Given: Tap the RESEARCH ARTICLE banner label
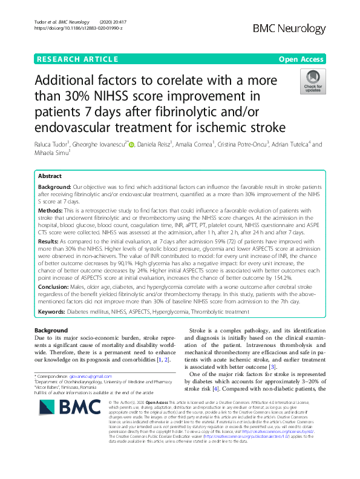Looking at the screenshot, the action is tap(77, 59).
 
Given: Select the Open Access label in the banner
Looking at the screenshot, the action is tap(303, 59).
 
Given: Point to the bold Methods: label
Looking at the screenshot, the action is tap(53, 193).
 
